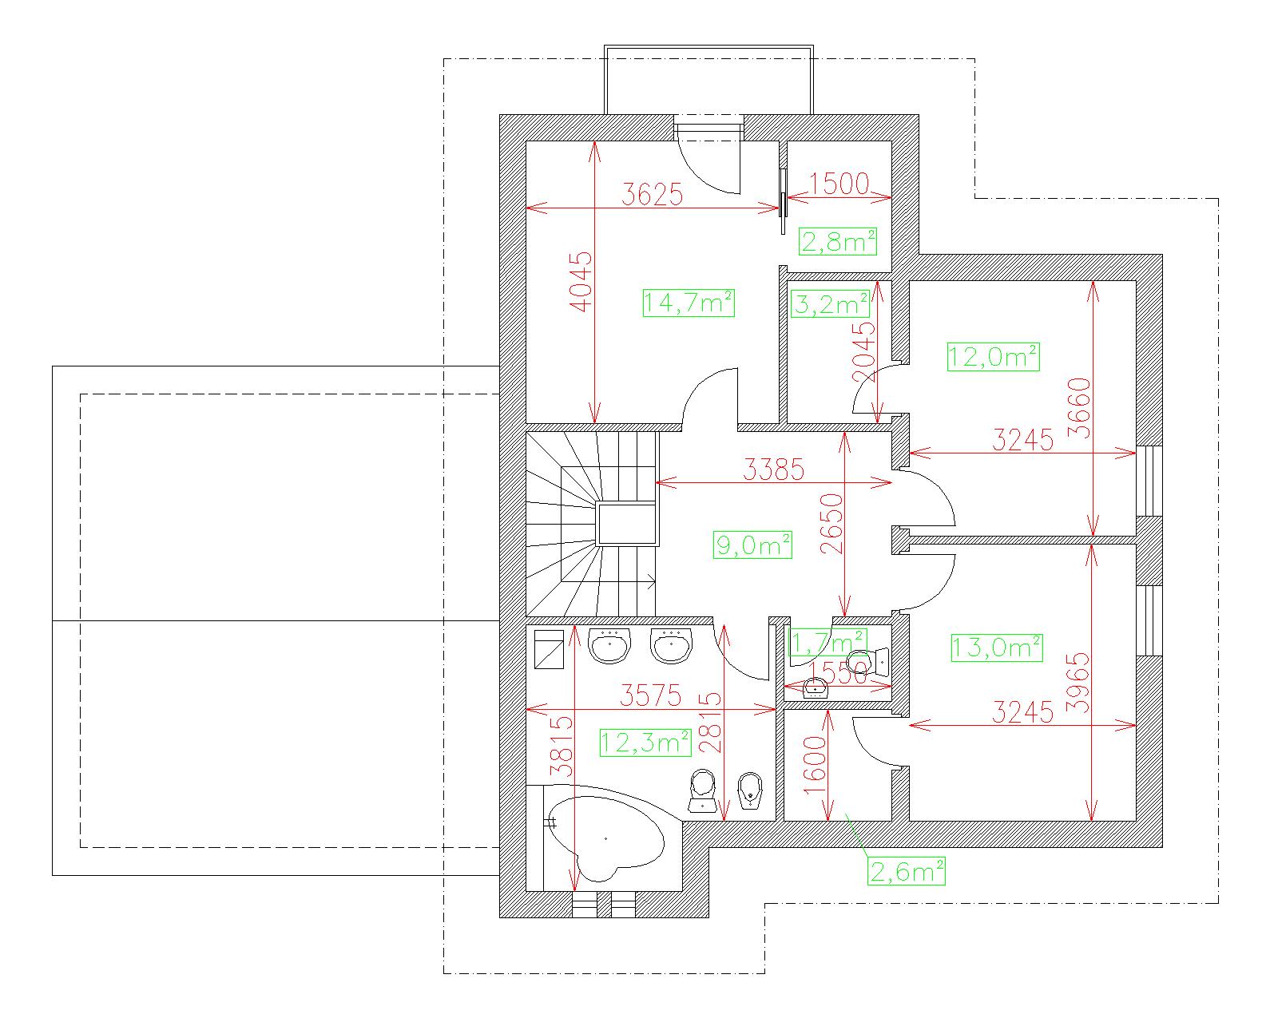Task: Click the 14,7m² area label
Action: click(689, 303)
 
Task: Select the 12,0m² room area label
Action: click(993, 357)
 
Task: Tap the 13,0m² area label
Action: click(997, 648)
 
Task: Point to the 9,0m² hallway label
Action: click(752, 545)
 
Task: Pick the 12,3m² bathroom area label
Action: click(645, 743)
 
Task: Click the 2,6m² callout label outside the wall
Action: click(907, 871)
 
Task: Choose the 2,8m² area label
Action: click(838, 241)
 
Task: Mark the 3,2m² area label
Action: click(831, 304)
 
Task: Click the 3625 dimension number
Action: click(652, 194)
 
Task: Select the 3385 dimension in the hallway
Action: click(774, 469)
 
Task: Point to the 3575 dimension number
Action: click(650, 695)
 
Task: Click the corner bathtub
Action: click(605, 838)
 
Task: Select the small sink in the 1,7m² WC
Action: click(816, 688)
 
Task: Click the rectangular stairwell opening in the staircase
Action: click(626, 524)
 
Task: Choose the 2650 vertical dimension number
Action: click(832, 523)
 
